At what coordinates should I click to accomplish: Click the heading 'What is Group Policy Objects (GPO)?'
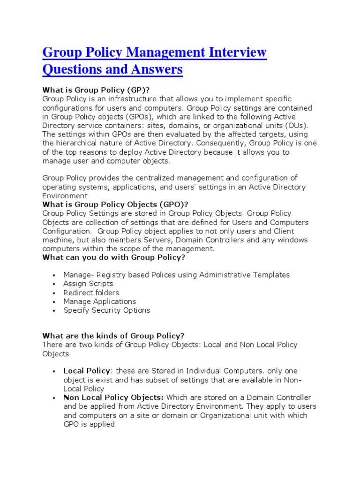pos(115,204)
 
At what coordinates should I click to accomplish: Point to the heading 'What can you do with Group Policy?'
pos(114,257)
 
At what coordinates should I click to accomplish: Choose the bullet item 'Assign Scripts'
pos(88,284)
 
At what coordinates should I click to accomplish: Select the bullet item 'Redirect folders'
pos(91,292)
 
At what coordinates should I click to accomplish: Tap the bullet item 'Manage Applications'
pos(99,301)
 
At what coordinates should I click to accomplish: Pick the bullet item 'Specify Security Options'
pos(106,310)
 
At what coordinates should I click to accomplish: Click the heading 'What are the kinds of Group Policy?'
pos(113,336)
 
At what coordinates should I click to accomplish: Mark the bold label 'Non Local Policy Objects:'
pos(113,397)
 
